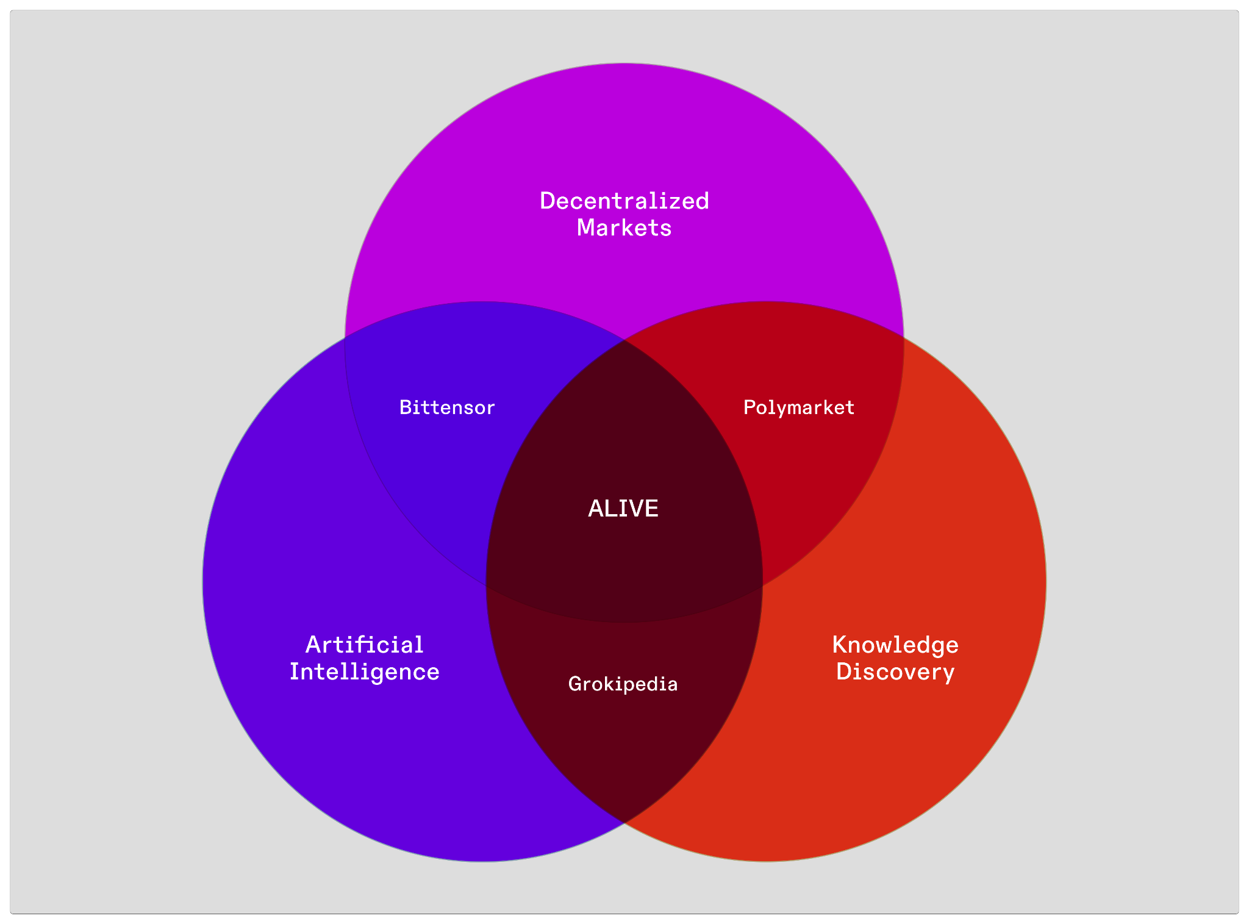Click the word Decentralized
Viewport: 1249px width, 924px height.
[624, 201]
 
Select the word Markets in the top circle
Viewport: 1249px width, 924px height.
[624, 228]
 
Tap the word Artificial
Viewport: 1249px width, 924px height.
[364, 645]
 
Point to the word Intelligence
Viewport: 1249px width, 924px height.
[364, 672]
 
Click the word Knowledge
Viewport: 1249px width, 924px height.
[895, 645]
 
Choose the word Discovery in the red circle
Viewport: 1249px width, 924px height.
[895, 672]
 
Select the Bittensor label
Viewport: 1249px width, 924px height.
[447, 407]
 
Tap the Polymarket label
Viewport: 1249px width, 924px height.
[799, 407]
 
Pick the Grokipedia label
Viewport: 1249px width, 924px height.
[623, 684]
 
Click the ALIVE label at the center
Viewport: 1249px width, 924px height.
[623, 509]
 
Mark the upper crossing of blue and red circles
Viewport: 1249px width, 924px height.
[624, 340]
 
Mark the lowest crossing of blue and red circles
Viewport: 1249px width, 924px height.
[624, 823]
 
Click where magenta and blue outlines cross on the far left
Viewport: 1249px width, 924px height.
[345, 336]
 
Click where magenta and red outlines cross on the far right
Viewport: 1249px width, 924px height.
[903, 336]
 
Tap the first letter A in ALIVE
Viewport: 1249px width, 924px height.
[595, 509]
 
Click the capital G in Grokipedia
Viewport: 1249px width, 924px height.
[574, 684]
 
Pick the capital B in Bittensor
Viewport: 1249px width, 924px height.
[405, 407]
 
